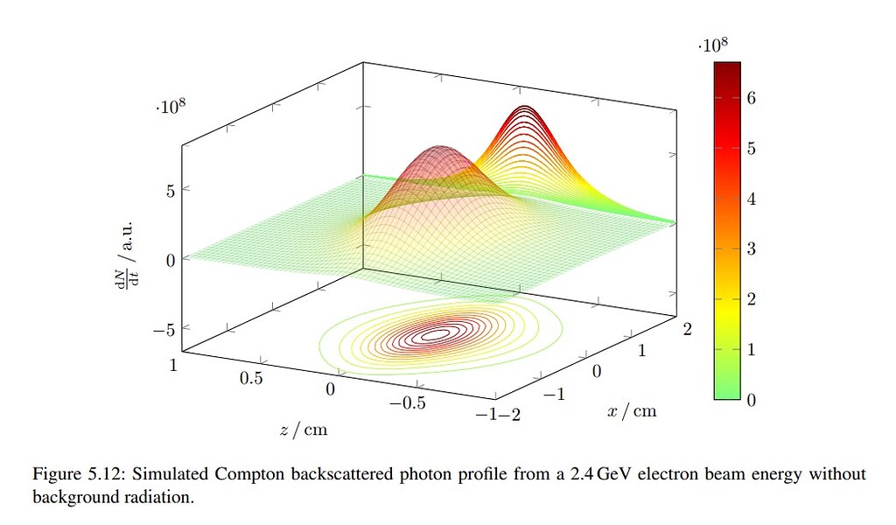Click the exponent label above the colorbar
click(715, 46)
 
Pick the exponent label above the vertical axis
click(171, 108)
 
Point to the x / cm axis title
click(632, 410)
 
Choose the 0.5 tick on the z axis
click(251, 377)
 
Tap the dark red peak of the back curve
click(525, 108)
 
